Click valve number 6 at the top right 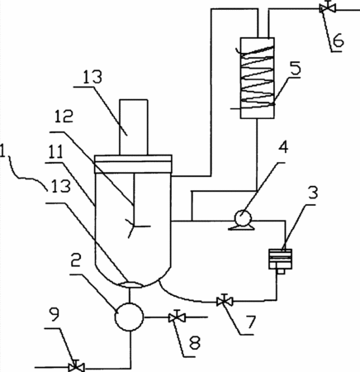pos(327,7)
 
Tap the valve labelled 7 pos(225,301)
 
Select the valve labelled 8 pos(178,317)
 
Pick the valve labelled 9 pos(76,366)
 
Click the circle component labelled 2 pos(129,317)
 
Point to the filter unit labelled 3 pos(280,261)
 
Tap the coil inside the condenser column pos(258,77)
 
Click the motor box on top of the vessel pos(134,127)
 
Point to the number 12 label pos(64,116)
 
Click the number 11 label pos(55,152)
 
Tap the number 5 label pos(296,69)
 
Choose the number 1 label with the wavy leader pos(2,150)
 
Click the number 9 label pos(54,314)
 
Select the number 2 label pos(76,260)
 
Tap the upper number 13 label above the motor pos(92,77)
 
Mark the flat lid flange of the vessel pos(133,164)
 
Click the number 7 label pos(251,322)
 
